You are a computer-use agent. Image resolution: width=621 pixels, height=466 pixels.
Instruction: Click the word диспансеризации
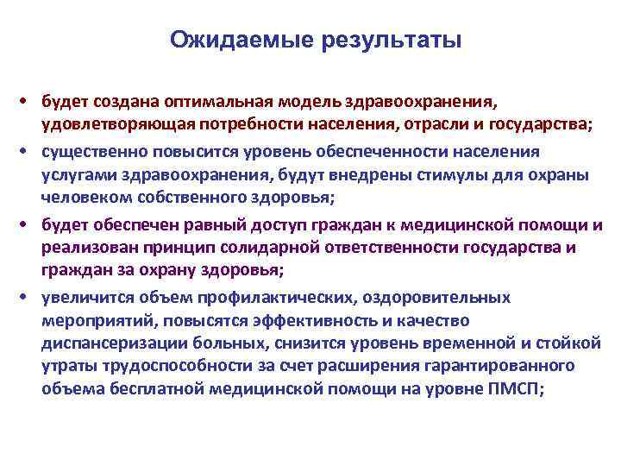[x=106, y=343]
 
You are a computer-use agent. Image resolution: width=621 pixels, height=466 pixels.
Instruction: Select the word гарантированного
[x=508, y=365]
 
